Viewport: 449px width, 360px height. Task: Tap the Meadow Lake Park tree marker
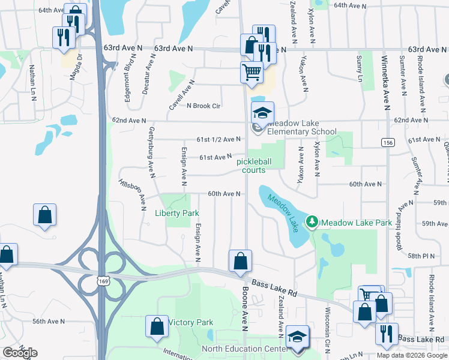(x=312, y=223)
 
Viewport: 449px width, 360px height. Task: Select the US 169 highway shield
(x=102, y=280)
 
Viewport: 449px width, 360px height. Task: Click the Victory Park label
(x=190, y=323)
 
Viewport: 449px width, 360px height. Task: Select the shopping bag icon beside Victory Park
(x=157, y=326)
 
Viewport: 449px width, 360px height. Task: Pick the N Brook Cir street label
(x=204, y=106)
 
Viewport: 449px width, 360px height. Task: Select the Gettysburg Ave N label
(x=151, y=148)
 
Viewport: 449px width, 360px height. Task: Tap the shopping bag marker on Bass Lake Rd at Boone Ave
(x=240, y=262)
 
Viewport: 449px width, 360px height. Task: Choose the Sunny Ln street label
(x=360, y=69)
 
